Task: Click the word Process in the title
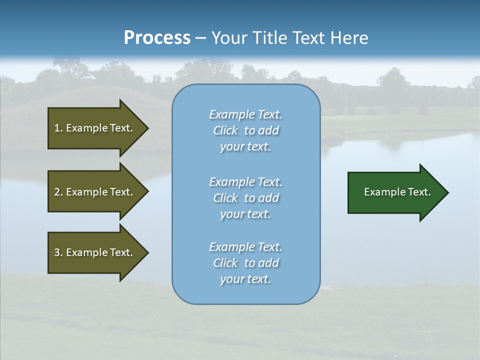[157, 38]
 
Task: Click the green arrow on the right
[395, 192]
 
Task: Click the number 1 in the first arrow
[57, 128]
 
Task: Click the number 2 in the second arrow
[57, 192]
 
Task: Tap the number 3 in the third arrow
[57, 252]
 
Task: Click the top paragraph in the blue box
[245, 130]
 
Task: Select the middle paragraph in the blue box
[245, 198]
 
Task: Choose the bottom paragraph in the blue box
[245, 263]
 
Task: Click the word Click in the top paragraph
[225, 130]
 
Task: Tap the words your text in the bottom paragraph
[245, 279]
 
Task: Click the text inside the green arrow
[397, 192]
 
